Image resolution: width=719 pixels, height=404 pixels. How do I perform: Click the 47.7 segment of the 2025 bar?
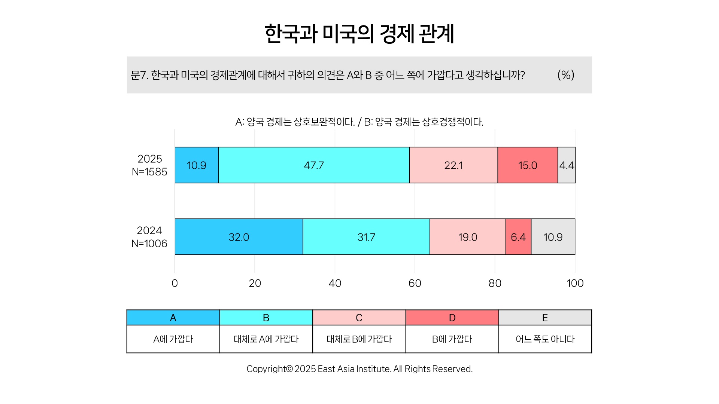[x=314, y=165]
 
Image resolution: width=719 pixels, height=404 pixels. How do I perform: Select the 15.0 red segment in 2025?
[x=528, y=165]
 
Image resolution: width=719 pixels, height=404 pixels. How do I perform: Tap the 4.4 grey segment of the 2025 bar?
[x=567, y=165]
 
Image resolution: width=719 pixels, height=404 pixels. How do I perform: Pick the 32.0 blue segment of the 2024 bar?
[x=239, y=237]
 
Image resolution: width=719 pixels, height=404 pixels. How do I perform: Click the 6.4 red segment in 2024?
[x=518, y=237]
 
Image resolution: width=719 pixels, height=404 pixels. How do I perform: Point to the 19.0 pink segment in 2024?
[x=468, y=237]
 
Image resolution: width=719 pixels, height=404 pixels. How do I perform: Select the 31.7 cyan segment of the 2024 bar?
[x=366, y=237]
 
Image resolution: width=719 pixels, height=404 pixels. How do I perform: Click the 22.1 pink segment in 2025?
[x=453, y=165]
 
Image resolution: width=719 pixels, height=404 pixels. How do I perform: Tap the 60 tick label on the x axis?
[x=415, y=283]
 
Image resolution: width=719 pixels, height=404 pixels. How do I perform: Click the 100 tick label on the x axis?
[x=575, y=283]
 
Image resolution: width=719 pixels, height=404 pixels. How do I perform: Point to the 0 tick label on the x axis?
[x=175, y=283]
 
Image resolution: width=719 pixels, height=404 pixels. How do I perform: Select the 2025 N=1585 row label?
[x=149, y=165]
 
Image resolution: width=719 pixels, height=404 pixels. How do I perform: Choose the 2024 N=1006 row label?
[x=149, y=237]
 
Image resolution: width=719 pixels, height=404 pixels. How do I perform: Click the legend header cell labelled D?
[x=452, y=318]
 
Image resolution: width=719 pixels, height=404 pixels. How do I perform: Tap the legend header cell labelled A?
[x=173, y=318]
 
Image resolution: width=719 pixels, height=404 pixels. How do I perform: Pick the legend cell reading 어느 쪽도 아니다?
[x=545, y=339]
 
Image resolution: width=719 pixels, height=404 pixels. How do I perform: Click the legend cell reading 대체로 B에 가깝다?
[x=359, y=339]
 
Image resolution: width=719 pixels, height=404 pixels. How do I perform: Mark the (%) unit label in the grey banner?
[x=566, y=75]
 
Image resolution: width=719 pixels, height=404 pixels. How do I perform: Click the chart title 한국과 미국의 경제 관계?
[x=359, y=34]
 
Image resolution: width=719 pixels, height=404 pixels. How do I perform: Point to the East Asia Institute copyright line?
[x=359, y=369]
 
